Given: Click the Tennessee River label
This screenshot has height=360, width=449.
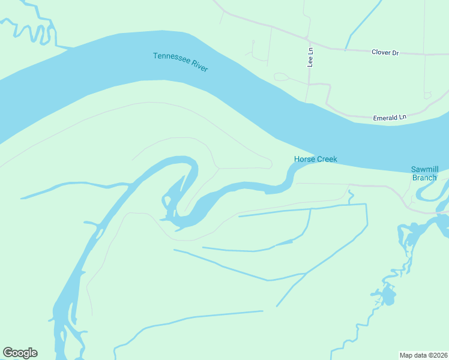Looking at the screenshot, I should click(180, 62).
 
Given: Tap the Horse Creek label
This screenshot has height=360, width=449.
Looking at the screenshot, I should click(315, 159).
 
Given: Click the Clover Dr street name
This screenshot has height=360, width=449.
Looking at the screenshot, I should click(385, 53).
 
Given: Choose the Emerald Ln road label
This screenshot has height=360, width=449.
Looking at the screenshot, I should click(390, 118).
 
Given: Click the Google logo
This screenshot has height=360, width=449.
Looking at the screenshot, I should click(20, 353).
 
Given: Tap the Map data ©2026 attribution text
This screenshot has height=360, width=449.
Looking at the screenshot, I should click(423, 355).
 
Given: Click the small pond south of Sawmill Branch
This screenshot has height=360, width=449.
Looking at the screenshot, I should click(385, 296).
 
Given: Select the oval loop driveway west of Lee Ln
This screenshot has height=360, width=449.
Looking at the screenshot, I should click(281, 77).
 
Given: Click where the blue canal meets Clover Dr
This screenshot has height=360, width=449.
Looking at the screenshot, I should click(346, 49).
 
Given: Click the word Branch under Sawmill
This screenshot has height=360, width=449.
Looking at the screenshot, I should click(424, 178).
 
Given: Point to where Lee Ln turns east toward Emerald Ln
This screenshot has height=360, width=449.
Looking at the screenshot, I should click(309, 84).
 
